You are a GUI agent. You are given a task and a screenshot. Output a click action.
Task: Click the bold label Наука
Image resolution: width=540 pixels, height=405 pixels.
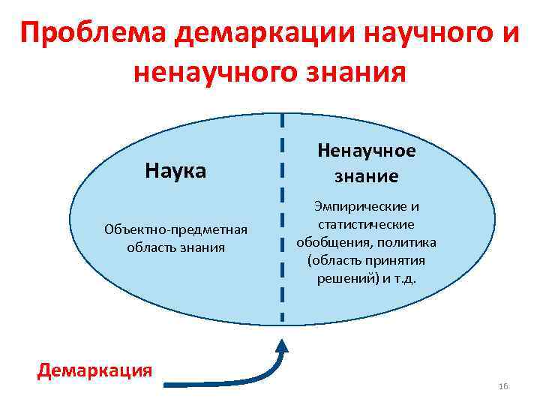click(175, 171)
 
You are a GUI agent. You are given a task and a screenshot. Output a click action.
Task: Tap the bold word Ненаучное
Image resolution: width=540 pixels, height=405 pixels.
click(367, 151)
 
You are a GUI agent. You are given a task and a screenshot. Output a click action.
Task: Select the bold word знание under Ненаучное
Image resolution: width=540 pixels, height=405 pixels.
click(367, 176)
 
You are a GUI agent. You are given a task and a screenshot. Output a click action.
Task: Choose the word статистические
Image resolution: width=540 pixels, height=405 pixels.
click(367, 224)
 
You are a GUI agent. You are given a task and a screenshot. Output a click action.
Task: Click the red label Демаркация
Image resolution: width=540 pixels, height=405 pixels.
click(95, 370)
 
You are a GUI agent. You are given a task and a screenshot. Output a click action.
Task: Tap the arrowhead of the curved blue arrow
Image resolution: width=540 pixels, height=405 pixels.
click(283, 347)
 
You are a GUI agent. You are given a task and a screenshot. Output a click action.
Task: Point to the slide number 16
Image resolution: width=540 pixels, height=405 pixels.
click(502, 386)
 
